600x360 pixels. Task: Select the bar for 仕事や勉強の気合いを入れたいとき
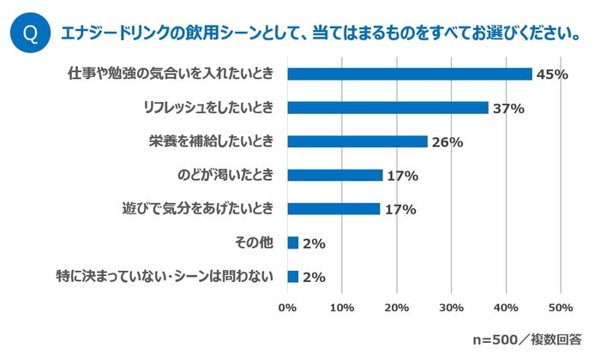pos(410,75)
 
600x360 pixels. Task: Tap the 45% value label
pos(552,75)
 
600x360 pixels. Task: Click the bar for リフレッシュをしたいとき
pos(387,108)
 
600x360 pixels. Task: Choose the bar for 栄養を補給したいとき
pos(357,141)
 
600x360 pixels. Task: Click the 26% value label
pos(447,142)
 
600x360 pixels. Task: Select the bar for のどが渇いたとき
pos(335,175)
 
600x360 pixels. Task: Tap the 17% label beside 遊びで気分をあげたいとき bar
pos(400,209)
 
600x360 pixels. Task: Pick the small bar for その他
pos(293,243)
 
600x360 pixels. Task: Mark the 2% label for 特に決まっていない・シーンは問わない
pos(314,277)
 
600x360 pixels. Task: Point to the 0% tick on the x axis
pos(288,308)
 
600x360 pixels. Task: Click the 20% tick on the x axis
pos(397,308)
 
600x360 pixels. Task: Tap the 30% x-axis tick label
pos(451,308)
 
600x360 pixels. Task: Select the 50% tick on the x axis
pos(560,308)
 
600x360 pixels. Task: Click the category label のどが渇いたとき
pos(225,176)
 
